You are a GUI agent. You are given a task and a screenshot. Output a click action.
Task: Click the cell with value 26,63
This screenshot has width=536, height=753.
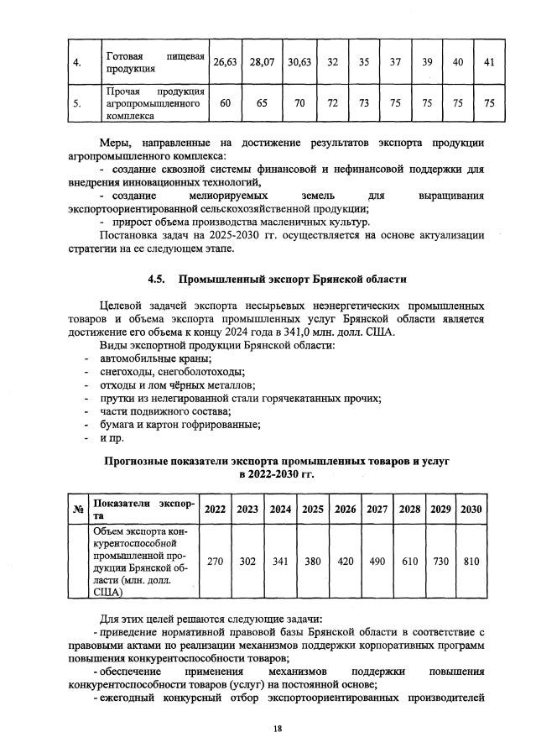[x=223, y=62]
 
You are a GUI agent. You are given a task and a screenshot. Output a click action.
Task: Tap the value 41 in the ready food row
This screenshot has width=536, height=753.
[x=488, y=62]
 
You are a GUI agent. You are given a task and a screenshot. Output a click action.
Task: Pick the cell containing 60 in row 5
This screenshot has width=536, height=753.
[x=223, y=103]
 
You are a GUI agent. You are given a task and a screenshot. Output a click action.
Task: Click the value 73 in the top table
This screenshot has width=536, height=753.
[x=363, y=103]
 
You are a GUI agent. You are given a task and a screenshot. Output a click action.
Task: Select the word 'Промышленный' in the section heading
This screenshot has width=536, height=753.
[x=226, y=279]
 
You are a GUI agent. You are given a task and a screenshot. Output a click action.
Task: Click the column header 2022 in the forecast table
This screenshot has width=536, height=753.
[x=215, y=509]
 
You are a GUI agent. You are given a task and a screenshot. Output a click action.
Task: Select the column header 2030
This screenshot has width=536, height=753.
[x=471, y=509]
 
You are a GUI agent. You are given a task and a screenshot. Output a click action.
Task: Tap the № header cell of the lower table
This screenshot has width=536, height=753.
[x=78, y=509]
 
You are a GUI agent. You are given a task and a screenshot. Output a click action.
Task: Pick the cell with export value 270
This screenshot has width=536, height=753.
[x=215, y=562]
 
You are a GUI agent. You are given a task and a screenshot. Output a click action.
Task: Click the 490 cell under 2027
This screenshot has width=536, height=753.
[x=377, y=562]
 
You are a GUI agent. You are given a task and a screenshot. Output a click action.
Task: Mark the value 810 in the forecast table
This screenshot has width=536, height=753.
[x=471, y=562]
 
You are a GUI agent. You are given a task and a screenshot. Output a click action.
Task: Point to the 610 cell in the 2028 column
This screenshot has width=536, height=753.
[x=409, y=562]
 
